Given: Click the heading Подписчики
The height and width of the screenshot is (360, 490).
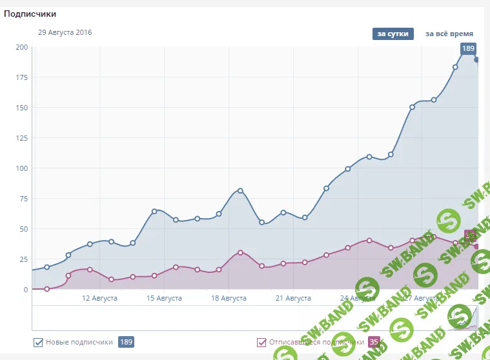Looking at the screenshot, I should point(30,13).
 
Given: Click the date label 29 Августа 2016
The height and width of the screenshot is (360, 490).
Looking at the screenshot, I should point(65,32).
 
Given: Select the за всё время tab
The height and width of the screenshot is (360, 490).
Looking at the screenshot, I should point(449,34).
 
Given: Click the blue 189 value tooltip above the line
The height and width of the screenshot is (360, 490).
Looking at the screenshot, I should point(468,48).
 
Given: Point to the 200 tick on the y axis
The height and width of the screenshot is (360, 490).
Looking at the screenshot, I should point(21,47).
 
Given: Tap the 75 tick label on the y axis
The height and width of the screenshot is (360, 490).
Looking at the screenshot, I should point(23,199).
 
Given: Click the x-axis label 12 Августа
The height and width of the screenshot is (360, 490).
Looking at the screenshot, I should point(99,299).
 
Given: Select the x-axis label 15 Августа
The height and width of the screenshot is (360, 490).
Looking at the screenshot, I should point(164,299).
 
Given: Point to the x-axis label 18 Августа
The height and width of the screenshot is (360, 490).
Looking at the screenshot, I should point(229,299).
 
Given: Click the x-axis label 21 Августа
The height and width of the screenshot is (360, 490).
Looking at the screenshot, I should point(293,299).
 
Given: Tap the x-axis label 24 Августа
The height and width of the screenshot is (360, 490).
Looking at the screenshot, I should point(358,299).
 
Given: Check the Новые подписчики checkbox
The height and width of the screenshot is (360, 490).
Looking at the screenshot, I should point(38,343).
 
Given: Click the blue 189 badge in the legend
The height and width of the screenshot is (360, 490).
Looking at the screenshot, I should point(126,342).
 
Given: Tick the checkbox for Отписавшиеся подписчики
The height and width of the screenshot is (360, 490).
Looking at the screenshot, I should point(261,343).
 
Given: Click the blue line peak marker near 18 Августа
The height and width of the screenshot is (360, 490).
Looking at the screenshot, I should point(240,190).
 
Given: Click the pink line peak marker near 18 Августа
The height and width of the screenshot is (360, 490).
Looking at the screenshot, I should point(240,252).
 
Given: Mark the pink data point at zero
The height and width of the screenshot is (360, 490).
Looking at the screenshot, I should point(46,289).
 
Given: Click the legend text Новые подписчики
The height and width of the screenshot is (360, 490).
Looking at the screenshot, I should point(79,343).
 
